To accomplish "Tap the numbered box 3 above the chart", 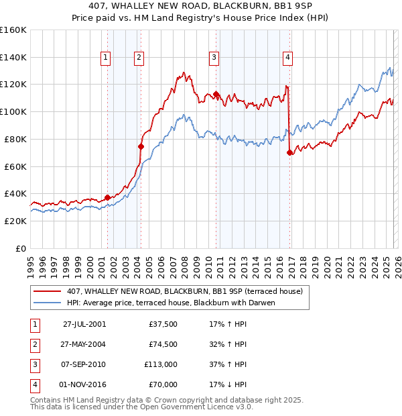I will tap(214, 58).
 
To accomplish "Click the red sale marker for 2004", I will tap(141, 146).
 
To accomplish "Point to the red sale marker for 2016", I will tap(289, 152).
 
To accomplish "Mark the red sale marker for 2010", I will tap(216, 94).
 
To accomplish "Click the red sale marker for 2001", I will tap(107, 197).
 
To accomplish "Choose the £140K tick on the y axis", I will tap(13, 57).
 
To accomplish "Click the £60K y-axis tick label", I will tap(15, 166).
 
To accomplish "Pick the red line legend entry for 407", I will tap(184, 291).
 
